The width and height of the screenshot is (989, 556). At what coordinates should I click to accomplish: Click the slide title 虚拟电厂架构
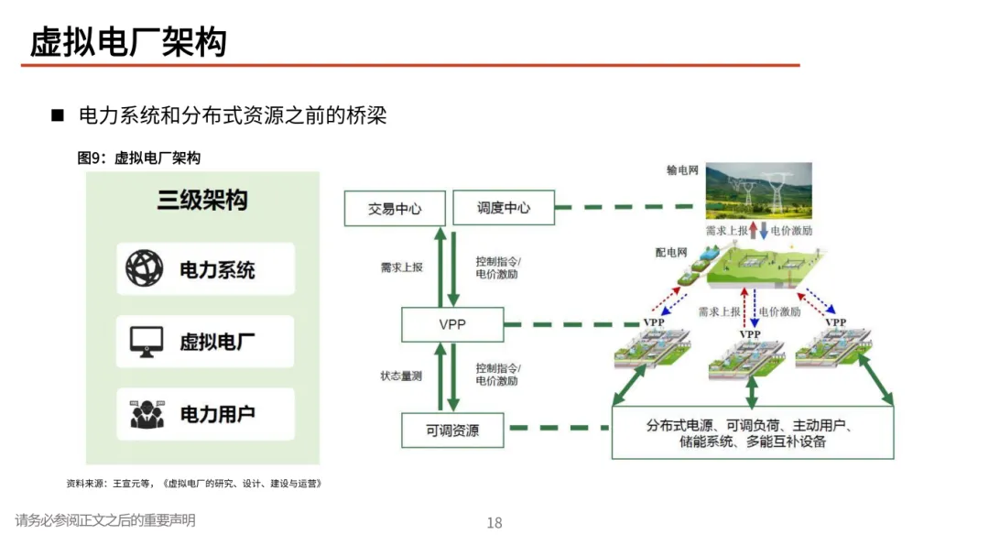tap(128, 42)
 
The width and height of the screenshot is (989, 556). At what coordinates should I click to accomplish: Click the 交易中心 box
tap(395, 208)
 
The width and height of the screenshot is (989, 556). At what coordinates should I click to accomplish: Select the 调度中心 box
tap(504, 208)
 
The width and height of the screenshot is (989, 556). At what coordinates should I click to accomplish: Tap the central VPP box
tap(452, 324)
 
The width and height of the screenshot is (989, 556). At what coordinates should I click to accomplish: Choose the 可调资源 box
tap(452, 430)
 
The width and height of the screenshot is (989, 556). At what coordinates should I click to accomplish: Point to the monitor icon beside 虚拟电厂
tap(145, 342)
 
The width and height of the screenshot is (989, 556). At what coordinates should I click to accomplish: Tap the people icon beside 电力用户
tap(145, 414)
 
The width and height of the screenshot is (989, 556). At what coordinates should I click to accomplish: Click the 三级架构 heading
tap(201, 201)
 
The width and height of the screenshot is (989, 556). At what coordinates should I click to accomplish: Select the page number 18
tap(494, 523)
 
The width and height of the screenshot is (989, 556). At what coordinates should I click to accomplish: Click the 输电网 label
tap(683, 171)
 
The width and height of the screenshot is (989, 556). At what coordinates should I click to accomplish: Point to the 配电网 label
tap(671, 251)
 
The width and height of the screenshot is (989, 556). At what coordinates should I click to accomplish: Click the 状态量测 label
tap(401, 376)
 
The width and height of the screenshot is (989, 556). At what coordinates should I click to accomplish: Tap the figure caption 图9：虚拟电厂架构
tap(139, 158)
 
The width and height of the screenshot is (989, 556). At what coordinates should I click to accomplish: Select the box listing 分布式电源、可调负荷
tap(752, 433)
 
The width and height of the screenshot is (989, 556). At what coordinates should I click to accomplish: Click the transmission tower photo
tap(758, 191)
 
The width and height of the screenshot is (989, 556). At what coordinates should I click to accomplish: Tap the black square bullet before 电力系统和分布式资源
tap(57, 116)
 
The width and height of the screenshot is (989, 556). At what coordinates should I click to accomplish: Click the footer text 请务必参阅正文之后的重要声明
tap(105, 520)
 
